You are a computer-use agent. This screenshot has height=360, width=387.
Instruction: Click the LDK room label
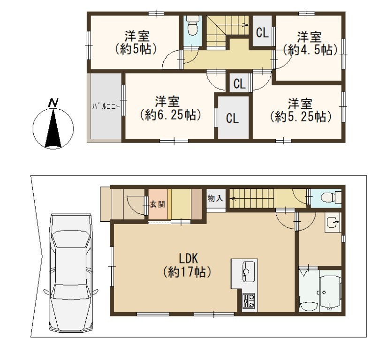[189, 259]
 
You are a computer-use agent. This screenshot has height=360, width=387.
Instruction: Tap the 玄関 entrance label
[158, 204]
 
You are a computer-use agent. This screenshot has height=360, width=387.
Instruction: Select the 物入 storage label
[215, 198]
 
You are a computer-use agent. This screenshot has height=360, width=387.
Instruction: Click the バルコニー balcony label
[106, 107]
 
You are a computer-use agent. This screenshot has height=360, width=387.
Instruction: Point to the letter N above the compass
[53, 103]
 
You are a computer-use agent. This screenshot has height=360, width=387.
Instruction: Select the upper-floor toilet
[192, 26]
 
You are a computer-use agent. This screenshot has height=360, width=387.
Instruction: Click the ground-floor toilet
[331, 197]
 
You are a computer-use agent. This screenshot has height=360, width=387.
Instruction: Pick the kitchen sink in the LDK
[249, 272]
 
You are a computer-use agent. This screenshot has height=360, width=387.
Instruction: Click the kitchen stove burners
[249, 301]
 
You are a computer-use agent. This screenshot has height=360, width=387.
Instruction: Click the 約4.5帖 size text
[310, 50]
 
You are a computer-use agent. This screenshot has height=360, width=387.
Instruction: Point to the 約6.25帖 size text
[170, 115]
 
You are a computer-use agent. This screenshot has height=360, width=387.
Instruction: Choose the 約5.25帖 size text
[300, 117]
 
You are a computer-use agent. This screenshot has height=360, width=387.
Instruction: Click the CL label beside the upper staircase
[262, 32]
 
